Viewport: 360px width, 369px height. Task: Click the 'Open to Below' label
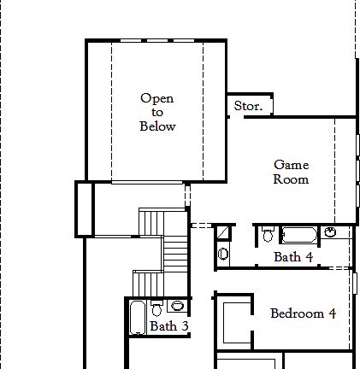(x=157, y=112)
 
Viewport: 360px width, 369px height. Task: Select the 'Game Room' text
(x=291, y=172)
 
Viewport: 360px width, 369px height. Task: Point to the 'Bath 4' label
(x=292, y=256)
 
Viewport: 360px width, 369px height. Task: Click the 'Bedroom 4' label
(x=303, y=313)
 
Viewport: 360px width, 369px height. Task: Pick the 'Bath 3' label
(x=168, y=325)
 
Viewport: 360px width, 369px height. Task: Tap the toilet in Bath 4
(x=268, y=233)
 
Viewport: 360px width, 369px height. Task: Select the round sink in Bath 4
(x=330, y=232)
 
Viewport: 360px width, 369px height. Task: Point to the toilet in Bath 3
(x=156, y=307)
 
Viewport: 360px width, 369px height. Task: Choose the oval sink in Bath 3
(x=177, y=306)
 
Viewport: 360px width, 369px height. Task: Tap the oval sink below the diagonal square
(x=223, y=253)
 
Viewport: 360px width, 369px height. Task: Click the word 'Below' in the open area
(x=157, y=126)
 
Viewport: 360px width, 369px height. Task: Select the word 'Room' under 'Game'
(x=291, y=179)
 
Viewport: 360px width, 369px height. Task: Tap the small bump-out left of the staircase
(x=84, y=208)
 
